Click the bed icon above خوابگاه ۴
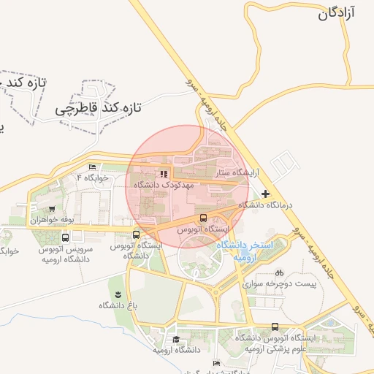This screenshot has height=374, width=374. [91, 167]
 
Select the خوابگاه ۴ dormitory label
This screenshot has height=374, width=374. [92, 178]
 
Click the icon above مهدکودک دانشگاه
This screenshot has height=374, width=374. [164, 175]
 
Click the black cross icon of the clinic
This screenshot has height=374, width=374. [264, 194]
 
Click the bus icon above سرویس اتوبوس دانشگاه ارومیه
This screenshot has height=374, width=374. [66, 237]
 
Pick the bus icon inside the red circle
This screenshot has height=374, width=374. [203, 218]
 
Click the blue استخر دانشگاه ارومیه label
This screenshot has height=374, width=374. [244, 251]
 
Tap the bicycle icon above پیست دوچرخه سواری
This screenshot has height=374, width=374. [279, 272]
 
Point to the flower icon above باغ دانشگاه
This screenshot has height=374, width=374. [118, 293]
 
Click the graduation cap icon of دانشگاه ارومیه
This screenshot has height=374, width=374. [176, 339]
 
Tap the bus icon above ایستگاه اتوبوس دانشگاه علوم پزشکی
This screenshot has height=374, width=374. [275, 327]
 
